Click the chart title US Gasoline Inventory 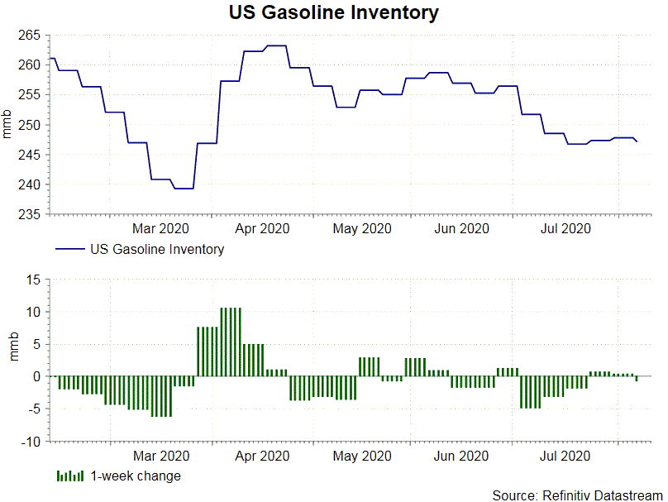[x=334, y=13]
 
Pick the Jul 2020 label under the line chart [x=565, y=228]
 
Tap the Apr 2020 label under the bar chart [x=262, y=456]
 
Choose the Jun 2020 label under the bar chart [x=461, y=456]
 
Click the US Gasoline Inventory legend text [x=157, y=249]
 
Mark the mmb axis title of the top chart [x=8, y=125]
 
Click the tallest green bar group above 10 [x=231, y=342]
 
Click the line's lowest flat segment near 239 [x=184, y=189]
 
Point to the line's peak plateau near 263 [x=276, y=45]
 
